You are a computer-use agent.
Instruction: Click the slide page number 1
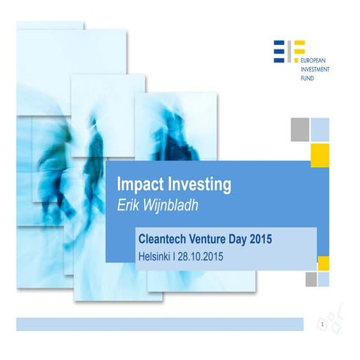point(321,322)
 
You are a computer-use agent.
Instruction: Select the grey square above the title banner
point(300,129)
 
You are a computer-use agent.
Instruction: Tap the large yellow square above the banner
point(320,153)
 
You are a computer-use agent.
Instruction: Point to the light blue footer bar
point(159,324)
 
